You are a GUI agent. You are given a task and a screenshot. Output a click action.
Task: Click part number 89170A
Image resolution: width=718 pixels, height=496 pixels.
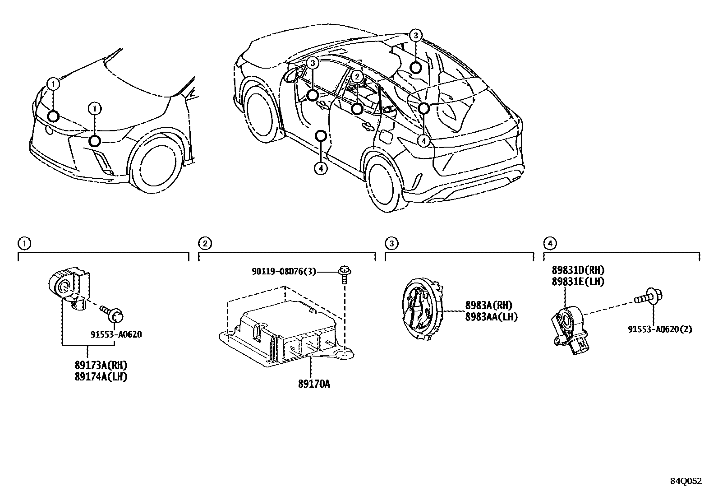(x=314, y=384)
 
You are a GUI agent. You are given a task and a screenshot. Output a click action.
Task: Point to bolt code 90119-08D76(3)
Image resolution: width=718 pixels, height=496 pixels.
(x=284, y=271)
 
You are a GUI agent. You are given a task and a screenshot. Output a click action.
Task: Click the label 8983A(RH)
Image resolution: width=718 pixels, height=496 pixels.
(x=488, y=306)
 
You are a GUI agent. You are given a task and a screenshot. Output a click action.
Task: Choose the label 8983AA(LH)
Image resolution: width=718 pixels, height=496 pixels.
(x=491, y=317)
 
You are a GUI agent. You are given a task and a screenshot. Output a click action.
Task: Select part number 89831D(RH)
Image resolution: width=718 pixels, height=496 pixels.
(x=578, y=270)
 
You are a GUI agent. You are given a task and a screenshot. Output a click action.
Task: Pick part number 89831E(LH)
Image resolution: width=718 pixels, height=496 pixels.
(x=578, y=281)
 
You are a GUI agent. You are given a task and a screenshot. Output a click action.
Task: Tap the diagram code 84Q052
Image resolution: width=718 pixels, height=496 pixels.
(x=686, y=481)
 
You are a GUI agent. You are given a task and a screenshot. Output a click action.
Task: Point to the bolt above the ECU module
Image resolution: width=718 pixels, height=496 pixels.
(x=345, y=275)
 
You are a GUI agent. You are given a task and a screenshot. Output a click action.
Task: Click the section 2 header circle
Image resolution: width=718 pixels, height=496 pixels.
(x=204, y=244)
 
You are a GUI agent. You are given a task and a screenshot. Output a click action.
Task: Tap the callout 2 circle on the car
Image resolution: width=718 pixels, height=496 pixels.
(x=356, y=77)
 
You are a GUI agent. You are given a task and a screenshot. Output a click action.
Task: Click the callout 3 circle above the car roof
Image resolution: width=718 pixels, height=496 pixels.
(x=416, y=36)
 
